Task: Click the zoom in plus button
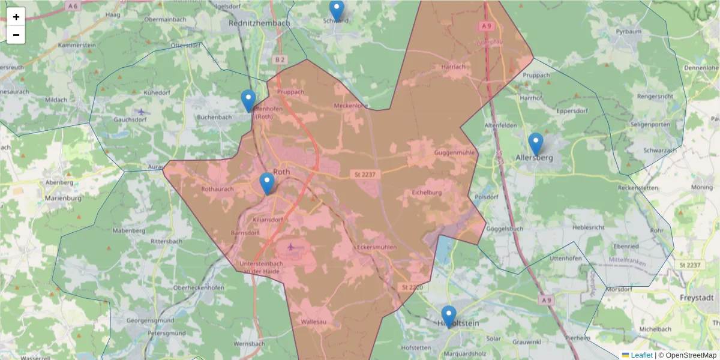[x=16, y=17]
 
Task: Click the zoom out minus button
[x=16, y=35]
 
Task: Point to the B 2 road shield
[x=280, y=59]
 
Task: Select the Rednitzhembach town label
[x=259, y=23]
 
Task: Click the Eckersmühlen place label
[x=376, y=247]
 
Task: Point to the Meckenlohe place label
[x=351, y=106]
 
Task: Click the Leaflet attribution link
[x=641, y=355]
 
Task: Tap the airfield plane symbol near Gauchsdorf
[x=142, y=112]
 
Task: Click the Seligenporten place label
[x=650, y=124]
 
